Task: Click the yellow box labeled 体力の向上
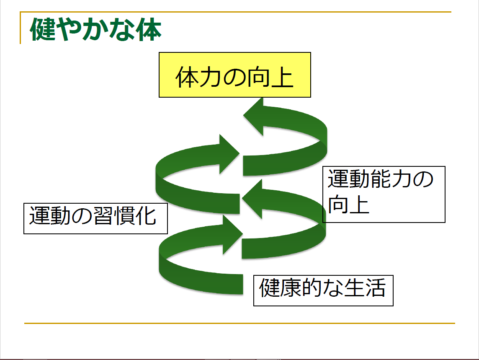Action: tap(234, 75)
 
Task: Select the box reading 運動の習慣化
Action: tap(95, 218)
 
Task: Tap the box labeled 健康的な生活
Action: tap(323, 290)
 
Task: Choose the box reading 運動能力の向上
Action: tap(384, 194)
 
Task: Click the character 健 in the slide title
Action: tap(43, 30)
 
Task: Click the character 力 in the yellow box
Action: tap(210, 78)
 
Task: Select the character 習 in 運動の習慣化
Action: tap(103, 216)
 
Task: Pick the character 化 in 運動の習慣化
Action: tap(146, 216)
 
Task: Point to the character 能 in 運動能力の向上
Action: tap(380, 179)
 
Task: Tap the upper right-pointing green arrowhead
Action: tap(229, 154)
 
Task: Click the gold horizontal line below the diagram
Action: tap(239, 323)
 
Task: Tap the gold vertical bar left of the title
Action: tap(20, 28)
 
